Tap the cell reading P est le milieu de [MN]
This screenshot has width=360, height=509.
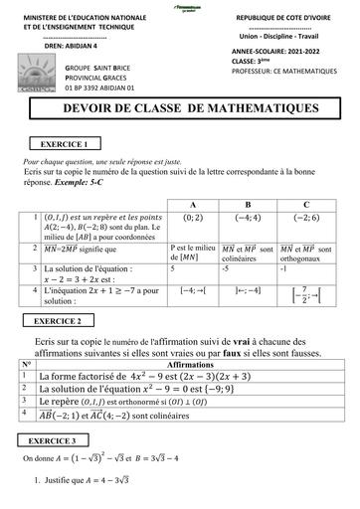[x=191, y=254]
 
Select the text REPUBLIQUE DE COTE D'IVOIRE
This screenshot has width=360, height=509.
[x=287, y=18]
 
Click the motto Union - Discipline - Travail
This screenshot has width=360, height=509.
[x=287, y=38]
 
